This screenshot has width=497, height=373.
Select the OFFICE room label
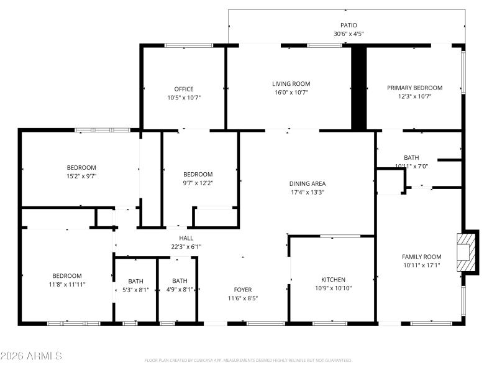tap(184, 89)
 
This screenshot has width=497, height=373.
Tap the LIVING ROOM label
tap(291, 84)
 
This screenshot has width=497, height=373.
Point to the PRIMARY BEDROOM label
tap(414, 88)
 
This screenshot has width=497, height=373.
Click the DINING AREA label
tap(307, 183)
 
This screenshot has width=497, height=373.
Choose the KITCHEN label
tap(333, 280)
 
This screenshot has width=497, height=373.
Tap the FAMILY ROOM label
tap(421, 257)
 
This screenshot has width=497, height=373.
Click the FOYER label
tap(242, 290)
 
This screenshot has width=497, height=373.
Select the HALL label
tap(186, 238)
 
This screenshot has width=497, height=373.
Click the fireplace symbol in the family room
tap(467, 252)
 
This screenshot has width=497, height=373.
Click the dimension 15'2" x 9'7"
tap(81, 176)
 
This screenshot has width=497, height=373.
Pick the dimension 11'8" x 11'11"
tap(66, 284)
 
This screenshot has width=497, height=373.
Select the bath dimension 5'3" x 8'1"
tap(135, 289)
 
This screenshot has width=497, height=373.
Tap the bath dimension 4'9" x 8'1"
tap(180, 289)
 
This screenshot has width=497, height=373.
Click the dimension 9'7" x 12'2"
tap(198, 183)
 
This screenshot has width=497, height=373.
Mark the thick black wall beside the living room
tap(358, 87)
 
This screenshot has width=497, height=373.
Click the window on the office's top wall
tap(188, 45)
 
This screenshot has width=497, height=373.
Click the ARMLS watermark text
tap(31, 356)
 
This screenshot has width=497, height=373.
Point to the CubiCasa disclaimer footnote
tap(248, 360)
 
